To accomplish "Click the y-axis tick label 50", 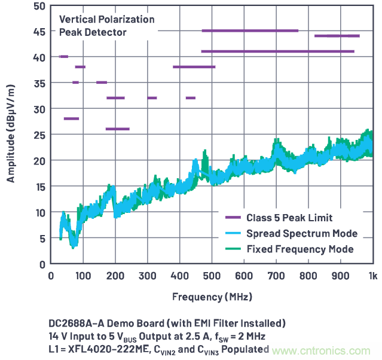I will tap(39, 6).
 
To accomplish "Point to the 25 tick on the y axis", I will tap(39, 135).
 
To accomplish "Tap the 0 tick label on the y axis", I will tap(42, 264).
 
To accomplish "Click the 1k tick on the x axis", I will tap(372, 276).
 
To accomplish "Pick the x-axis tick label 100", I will tap(83, 276).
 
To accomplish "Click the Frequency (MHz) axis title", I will tap(212, 297).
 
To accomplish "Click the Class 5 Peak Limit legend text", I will tap(289, 218).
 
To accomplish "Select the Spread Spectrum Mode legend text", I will tap(302, 233).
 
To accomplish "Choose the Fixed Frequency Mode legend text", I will tap(300, 249).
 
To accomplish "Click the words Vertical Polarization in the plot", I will tap(106, 19).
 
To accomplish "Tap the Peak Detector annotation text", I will tap(93, 32).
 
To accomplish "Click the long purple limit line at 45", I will tap(250, 30).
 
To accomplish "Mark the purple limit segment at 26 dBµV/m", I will tap(117, 129).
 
